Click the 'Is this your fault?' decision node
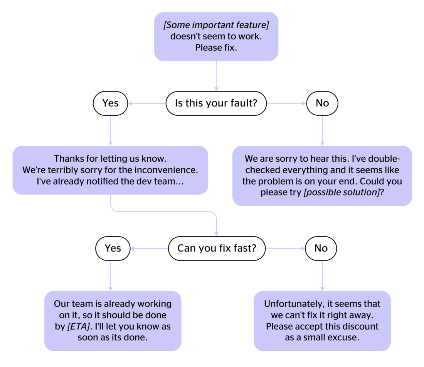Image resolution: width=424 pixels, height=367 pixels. [x=216, y=103]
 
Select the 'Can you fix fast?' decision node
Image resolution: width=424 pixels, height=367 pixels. [x=217, y=248]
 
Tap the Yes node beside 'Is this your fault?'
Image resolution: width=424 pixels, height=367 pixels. [x=110, y=103]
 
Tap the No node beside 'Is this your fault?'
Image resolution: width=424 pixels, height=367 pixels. [x=322, y=103]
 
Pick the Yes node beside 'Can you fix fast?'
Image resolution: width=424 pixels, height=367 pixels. [x=113, y=248]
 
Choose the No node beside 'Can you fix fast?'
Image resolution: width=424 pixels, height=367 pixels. [x=321, y=248]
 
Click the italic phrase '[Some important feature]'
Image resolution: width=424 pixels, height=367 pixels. [x=216, y=25]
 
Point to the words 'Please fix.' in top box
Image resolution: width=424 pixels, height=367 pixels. [x=216, y=48]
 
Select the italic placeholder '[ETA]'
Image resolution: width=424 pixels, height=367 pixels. [x=78, y=326]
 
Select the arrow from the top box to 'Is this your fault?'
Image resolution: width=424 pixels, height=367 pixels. [x=216, y=76]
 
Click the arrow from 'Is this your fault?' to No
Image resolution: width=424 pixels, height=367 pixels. [x=286, y=103]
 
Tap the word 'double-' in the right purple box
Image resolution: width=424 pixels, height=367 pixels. [x=386, y=159]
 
